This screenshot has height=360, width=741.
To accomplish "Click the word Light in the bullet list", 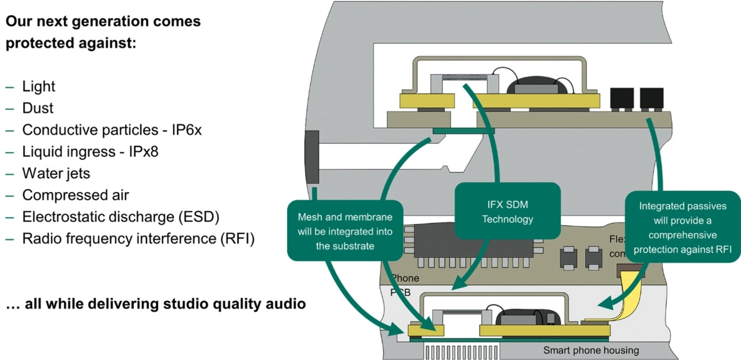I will pyautogui.click(x=39, y=87).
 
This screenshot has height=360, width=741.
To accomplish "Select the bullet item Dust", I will pyautogui.click(x=38, y=108).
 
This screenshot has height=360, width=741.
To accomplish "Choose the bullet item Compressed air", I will pyautogui.click(x=75, y=195).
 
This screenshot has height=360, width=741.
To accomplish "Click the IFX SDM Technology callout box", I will pyautogui.click(x=507, y=211).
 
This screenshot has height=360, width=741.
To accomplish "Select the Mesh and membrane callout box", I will pyautogui.click(x=345, y=231).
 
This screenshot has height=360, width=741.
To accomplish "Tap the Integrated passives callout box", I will pyautogui.click(x=682, y=228).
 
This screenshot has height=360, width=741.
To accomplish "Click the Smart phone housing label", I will pyautogui.click(x=590, y=350).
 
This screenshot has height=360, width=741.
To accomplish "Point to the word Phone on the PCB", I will pyautogui.click(x=405, y=278).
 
